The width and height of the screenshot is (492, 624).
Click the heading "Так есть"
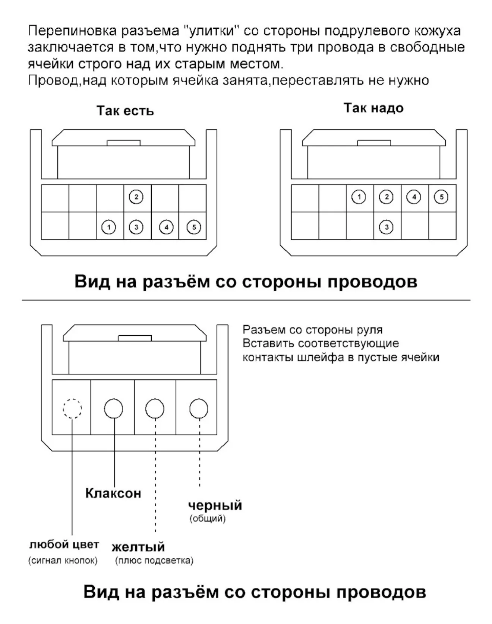click(125, 111)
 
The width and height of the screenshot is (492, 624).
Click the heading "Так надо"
click(373, 108)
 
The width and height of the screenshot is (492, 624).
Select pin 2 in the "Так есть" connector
click(136, 197)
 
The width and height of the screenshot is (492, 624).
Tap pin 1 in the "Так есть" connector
click(108, 227)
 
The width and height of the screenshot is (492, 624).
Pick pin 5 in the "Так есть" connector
click(194, 227)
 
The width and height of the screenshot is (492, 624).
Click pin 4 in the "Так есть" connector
click(166, 227)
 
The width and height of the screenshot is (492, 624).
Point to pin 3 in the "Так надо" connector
click(387, 227)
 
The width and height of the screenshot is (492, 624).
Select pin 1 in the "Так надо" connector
click(359, 197)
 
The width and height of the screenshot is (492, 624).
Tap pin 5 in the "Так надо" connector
click(442, 197)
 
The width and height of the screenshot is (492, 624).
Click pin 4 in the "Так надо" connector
click(414, 197)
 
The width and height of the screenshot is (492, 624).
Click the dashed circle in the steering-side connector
click(72, 408)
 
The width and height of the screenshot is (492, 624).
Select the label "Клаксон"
click(113, 493)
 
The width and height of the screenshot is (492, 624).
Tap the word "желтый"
click(138, 547)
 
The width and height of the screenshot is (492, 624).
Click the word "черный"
click(215, 505)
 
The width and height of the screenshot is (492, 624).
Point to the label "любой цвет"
click(64, 545)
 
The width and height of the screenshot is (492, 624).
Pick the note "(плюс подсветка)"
click(154, 560)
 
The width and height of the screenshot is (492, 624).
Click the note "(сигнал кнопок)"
click(63, 560)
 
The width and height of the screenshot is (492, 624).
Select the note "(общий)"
click(208, 518)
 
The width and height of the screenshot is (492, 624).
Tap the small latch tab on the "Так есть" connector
click(123, 143)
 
